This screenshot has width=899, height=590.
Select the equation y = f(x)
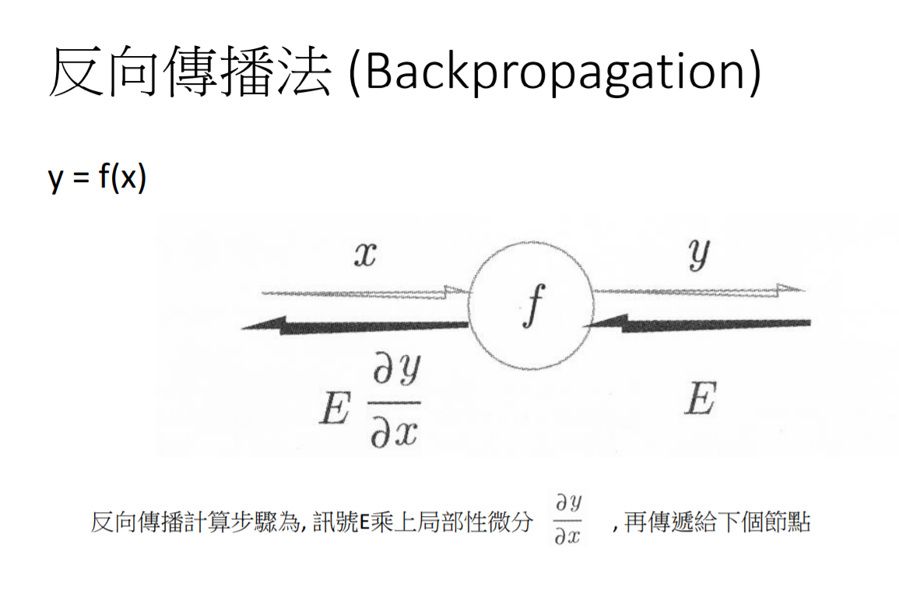tap(97, 178)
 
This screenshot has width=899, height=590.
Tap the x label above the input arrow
tap(364, 255)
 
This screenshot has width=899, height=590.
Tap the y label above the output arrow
tap(700, 255)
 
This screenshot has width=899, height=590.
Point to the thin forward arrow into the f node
tap(366, 293)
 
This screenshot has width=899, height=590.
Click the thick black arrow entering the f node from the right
tap(701, 322)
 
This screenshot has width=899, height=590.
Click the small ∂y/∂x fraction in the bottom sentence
tap(567, 519)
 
